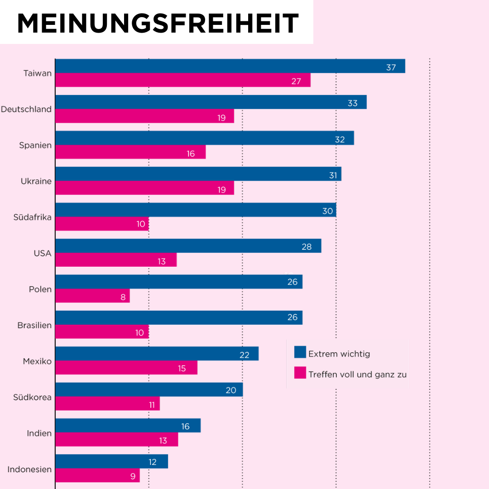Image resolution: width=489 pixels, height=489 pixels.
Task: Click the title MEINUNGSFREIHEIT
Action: (x=158, y=23)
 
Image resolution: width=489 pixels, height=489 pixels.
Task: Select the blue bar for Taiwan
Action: (x=230, y=66)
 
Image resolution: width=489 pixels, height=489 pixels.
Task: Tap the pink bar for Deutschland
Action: (x=144, y=116)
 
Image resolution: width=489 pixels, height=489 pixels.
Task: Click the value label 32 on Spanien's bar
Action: (x=340, y=139)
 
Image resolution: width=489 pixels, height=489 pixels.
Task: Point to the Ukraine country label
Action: (x=36, y=181)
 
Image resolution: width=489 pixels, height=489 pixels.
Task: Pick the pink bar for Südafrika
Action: (x=102, y=224)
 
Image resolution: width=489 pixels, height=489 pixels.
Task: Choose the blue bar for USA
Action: (x=188, y=246)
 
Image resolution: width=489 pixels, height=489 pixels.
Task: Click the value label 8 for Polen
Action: (x=123, y=297)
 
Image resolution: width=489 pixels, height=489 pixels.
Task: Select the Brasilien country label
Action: (x=34, y=325)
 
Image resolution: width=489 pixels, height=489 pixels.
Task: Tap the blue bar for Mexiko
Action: (x=157, y=354)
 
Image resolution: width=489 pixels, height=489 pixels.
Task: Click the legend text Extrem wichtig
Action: (x=339, y=354)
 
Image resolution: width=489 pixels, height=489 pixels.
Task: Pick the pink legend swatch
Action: (x=300, y=373)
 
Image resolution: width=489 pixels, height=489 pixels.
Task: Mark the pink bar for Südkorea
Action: (x=107, y=403)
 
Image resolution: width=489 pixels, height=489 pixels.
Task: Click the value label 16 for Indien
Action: (x=185, y=427)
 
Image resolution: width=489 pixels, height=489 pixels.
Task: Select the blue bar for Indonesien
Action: (x=111, y=461)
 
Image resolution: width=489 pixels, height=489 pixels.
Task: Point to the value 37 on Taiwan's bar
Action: (x=391, y=67)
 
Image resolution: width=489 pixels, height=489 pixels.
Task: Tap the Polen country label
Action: (x=40, y=289)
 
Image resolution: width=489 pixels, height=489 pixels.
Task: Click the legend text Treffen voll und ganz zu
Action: (x=357, y=374)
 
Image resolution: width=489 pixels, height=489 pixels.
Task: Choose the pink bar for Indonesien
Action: (x=97, y=475)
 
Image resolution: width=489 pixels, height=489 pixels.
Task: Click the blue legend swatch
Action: (x=300, y=352)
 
